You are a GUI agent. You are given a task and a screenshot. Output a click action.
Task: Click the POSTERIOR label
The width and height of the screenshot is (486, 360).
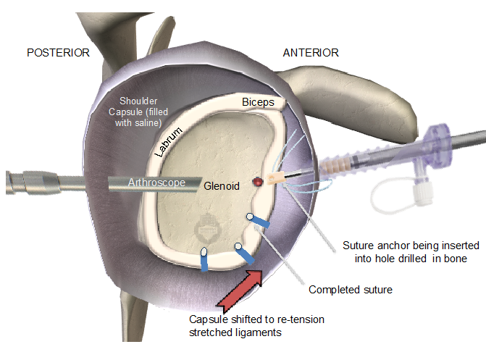58,53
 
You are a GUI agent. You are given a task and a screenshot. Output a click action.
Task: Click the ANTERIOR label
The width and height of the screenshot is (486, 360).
311,53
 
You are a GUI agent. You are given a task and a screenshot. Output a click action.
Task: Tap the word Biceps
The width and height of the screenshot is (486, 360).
258,103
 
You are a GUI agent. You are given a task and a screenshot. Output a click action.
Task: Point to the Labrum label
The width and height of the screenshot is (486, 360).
167,141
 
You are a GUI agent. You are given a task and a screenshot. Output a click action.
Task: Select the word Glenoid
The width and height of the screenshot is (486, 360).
222,186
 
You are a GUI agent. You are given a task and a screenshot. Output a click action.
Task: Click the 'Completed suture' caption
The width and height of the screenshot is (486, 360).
351,290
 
